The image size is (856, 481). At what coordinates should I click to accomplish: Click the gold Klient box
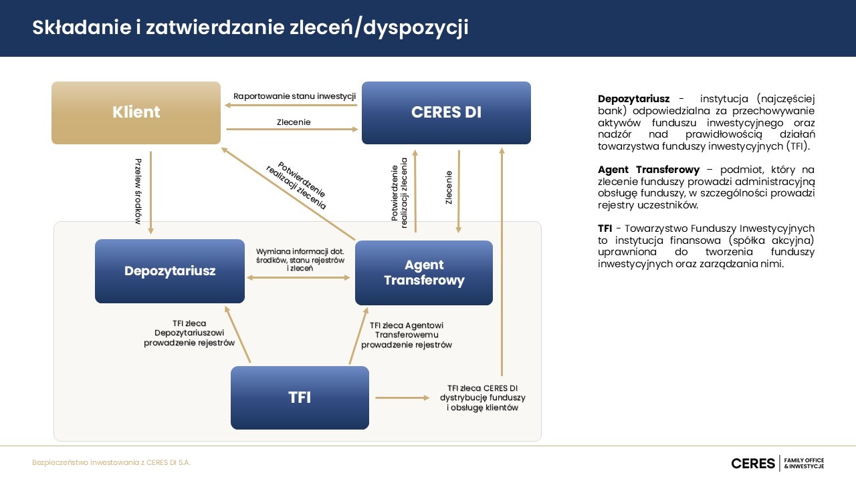pyautogui.click(x=136, y=113)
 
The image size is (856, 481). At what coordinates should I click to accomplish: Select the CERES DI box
pyautogui.click(x=446, y=113)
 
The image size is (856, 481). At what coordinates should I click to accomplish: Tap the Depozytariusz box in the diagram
pyautogui.click(x=170, y=271)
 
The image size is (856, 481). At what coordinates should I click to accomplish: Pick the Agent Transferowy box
pyautogui.click(x=424, y=273)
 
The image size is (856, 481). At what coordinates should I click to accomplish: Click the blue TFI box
pyautogui.click(x=300, y=397)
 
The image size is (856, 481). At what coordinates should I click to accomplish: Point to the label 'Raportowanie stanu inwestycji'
pyautogui.click(x=294, y=96)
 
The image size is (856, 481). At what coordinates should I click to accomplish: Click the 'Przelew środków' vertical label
pyautogui.click(x=138, y=191)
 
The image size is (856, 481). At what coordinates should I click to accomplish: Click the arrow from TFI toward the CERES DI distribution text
pyautogui.click(x=402, y=398)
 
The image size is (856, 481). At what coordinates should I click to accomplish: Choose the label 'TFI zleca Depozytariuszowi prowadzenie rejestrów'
pyautogui.click(x=189, y=333)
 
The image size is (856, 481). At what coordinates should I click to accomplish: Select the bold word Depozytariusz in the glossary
pyautogui.click(x=633, y=99)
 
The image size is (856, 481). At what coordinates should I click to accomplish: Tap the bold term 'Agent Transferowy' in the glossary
pyautogui.click(x=649, y=170)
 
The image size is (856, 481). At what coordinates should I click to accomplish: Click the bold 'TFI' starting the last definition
pyautogui.click(x=605, y=228)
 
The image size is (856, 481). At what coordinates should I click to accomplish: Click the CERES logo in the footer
pyautogui.click(x=752, y=463)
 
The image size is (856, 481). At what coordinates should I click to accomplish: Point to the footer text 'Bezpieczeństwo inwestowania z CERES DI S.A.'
pyautogui.click(x=111, y=463)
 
